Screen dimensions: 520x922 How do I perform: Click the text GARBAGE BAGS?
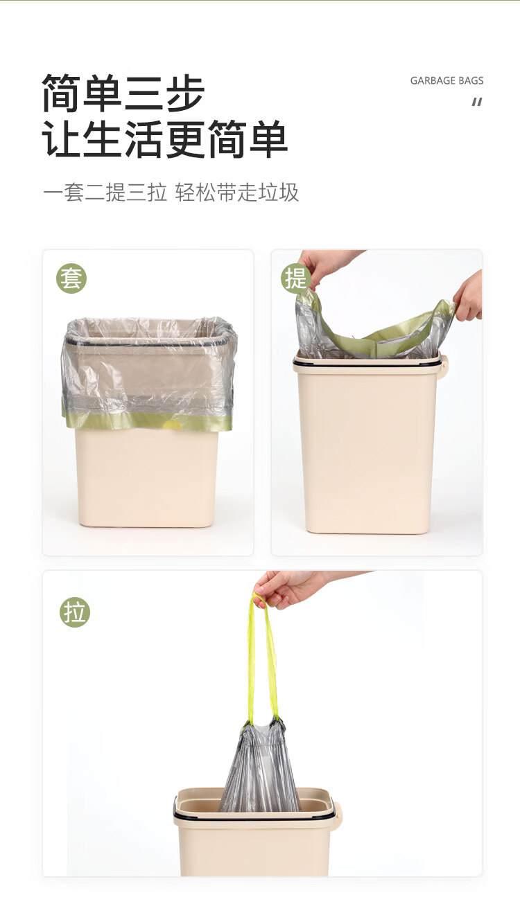[447, 80]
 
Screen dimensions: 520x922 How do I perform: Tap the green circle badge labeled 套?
[71, 278]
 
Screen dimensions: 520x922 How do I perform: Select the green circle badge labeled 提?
[295, 278]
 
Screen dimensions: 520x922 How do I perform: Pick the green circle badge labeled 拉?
[75, 612]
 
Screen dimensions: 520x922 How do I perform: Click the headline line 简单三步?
[123, 93]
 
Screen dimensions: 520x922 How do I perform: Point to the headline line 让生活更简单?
[164, 139]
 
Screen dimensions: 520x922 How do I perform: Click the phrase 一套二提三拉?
[105, 192]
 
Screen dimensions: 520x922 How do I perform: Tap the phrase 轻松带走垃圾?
[237, 192]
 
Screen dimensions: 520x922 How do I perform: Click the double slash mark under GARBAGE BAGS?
[477, 102]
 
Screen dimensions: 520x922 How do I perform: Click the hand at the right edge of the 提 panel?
[469, 296]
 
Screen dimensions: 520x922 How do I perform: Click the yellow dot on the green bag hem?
[173, 425]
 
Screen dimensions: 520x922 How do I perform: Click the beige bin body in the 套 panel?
[146, 477]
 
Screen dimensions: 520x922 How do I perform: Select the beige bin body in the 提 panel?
[367, 449]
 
